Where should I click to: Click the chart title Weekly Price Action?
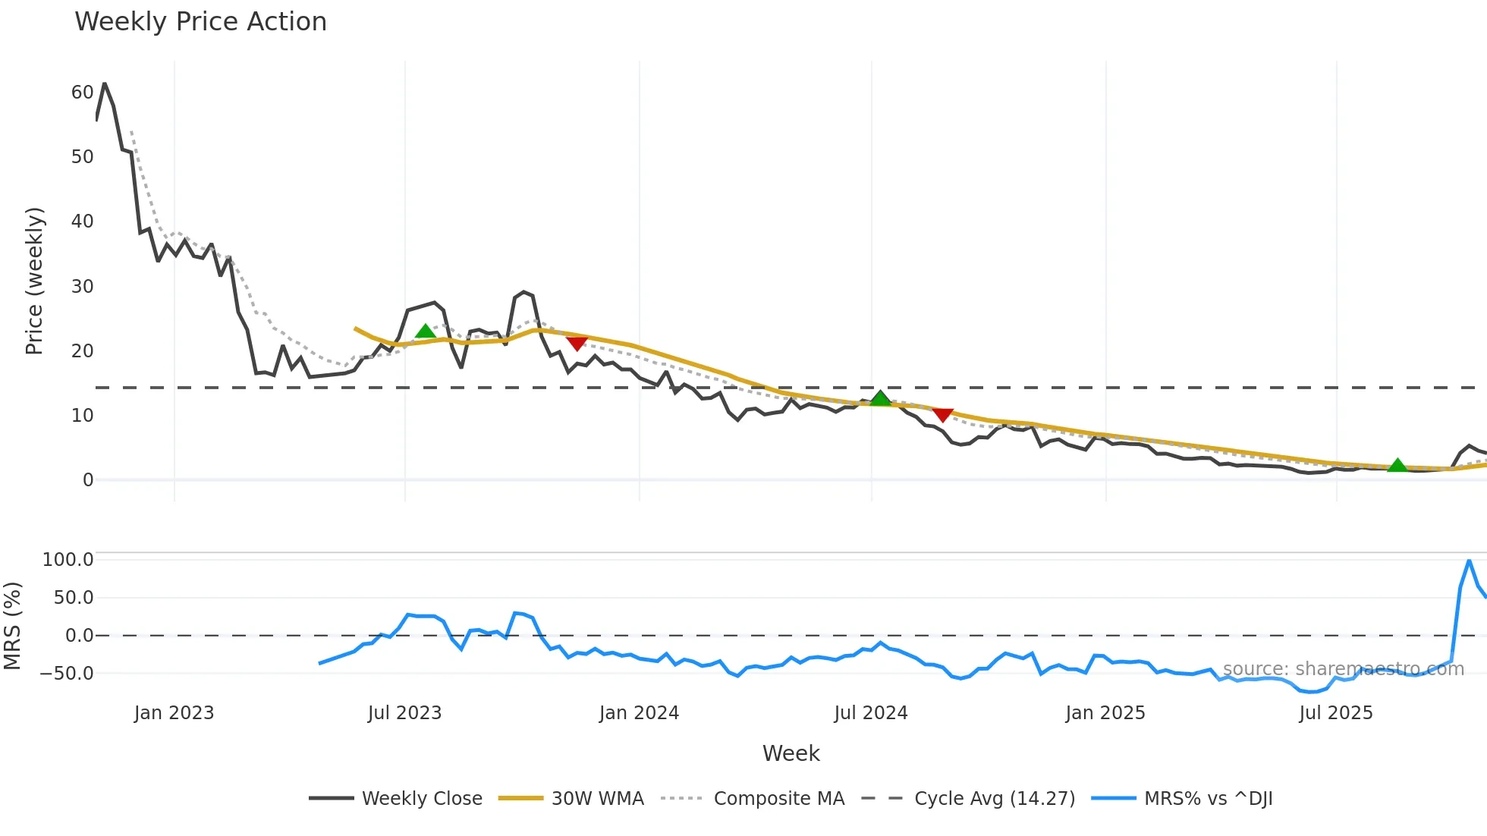pyautogui.click(x=200, y=22)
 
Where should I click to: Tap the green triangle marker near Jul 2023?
pyautogui.click(x=426, y=332)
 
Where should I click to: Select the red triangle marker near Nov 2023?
pyautogui.click(x=577, y=344)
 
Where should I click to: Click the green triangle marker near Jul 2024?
pyautogui.click(x=880, y=398)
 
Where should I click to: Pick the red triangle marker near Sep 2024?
pyautogui.click(x=942, y=415)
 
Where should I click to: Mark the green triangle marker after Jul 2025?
pyautogui.click(x=1397, y=465)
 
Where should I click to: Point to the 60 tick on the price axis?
pyautogui.click(x=82, y=93)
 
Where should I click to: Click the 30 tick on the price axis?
pyautogui.click(x=82, y=287)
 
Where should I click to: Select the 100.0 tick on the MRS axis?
pyautogui.click(x=68, y=560)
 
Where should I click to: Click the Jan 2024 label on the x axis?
pyautogui.click(x=639, y=713)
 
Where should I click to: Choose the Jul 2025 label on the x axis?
pyautogui.click(x=1336, y=713)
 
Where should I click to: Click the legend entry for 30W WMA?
pyautogui.click(x=597, y=799)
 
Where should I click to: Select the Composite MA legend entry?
pyautogui.click(x=778, y=799)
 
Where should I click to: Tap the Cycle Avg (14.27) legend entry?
pyautogui.click(x=994, y=799)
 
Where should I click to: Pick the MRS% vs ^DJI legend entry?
pyautogui.click(x=1208, y=799)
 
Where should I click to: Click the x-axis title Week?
pyautogui.click(x=791, y=753)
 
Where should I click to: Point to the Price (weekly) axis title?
pyautogui.click(x=35, y=281)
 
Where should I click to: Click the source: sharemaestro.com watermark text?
pyautogui.click(x=1343, y=669)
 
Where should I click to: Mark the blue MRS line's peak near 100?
pyautogui.click(x=1470, y=561)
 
